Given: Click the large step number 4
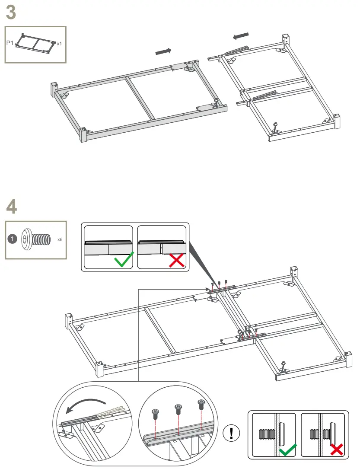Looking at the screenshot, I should click(x=12, y=207).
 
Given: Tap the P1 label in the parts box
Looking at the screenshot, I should click(x=10, y=43).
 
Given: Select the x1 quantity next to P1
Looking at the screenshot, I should click(x=59, y=43).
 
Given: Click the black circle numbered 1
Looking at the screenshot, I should click(x=13, y=238).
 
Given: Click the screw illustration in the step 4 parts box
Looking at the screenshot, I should click(x=35, y=238).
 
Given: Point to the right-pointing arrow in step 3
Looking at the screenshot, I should click(x=163, y=51).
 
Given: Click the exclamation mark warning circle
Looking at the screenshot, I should click(x=232, y=433).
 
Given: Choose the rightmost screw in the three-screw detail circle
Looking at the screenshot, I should click(x=201, y=404).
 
